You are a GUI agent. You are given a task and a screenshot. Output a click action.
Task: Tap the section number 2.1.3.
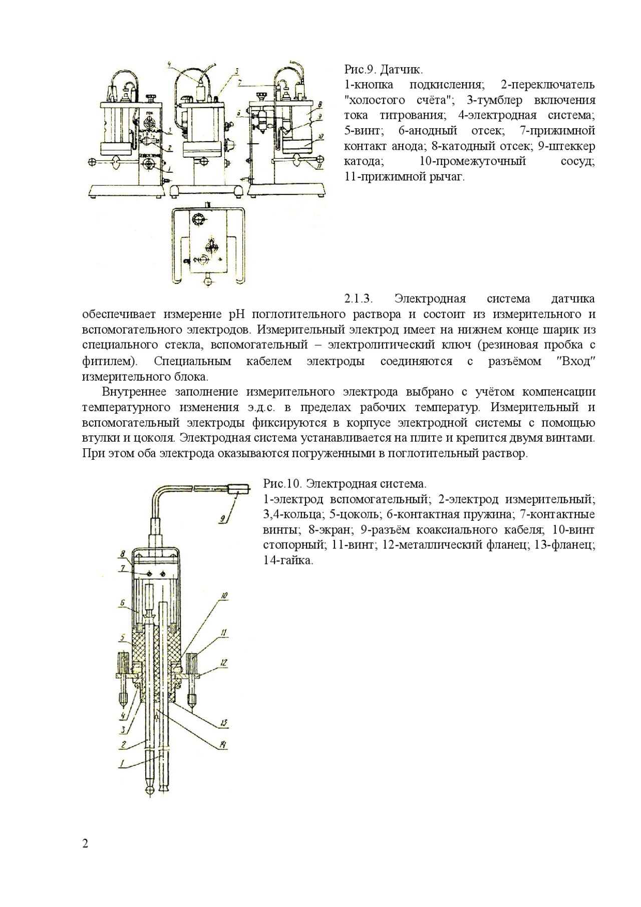359,299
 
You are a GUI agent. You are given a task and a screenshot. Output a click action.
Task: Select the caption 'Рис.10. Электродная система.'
345,484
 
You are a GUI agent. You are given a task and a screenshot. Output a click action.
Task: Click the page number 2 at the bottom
85,844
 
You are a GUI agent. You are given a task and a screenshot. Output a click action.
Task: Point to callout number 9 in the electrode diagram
222,519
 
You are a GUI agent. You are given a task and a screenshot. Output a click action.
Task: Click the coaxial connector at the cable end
239,487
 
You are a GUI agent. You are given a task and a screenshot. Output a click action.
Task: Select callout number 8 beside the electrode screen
122,554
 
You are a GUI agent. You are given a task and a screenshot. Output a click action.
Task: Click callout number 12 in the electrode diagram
224,663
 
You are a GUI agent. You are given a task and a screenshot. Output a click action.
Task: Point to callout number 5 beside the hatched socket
122,638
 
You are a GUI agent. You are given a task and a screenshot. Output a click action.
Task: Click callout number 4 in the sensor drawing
169,65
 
